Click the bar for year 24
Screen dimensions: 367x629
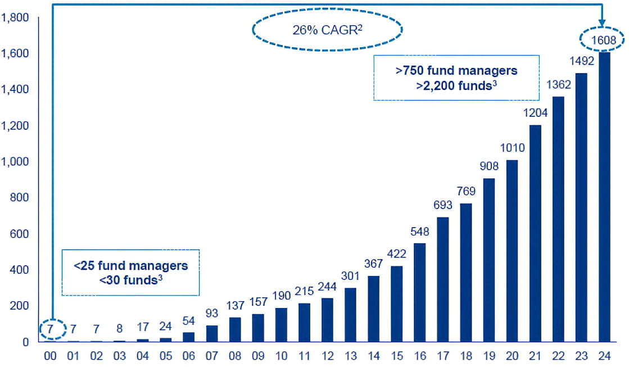tap(604, 197)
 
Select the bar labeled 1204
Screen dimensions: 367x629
tap(535, 233)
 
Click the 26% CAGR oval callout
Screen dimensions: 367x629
tap(328, 30)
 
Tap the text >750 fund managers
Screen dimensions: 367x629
tap(456, 71)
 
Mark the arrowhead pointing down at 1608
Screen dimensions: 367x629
tap(602, 23)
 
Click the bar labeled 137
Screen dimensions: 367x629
tap(235, 329)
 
